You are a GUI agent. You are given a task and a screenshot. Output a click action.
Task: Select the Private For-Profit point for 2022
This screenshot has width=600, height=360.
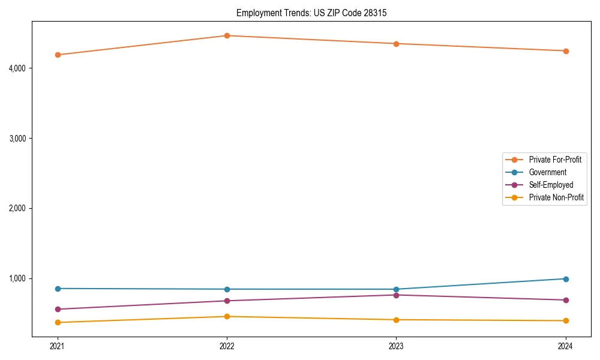227,35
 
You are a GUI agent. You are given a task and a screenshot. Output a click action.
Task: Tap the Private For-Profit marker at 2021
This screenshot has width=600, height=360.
58,55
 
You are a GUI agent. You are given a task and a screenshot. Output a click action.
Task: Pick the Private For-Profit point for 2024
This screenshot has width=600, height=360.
566,51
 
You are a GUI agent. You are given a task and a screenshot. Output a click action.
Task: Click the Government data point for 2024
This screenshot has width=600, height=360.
566,279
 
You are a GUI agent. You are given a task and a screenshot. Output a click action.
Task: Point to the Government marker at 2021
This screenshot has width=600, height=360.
58,289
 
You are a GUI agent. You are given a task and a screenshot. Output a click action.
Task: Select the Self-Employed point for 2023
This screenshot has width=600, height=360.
396,295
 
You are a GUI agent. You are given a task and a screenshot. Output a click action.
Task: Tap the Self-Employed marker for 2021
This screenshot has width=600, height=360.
58,310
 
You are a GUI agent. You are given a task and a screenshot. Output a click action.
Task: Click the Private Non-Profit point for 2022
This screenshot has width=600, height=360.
227,316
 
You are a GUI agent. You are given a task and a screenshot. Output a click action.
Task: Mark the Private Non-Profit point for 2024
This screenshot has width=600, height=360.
566,320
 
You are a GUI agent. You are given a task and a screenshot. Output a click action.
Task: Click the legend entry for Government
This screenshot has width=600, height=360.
547,172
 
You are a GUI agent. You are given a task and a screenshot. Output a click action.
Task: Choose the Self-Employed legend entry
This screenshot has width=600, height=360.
551,185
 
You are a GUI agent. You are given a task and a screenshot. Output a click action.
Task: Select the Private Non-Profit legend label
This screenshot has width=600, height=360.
556,197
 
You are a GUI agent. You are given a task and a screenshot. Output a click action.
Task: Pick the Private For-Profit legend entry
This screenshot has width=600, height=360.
555,160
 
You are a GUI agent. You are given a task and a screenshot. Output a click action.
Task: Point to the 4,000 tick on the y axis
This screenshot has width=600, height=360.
17,68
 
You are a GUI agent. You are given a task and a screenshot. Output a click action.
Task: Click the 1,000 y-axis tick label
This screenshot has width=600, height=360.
17,278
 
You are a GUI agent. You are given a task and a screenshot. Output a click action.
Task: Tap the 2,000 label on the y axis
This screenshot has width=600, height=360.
17,208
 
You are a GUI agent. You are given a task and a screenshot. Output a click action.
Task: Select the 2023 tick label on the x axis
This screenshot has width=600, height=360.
396,346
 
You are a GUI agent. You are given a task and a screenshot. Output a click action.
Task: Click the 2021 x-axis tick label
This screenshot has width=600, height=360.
58,346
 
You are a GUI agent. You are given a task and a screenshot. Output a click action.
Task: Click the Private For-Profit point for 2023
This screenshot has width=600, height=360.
396,44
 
